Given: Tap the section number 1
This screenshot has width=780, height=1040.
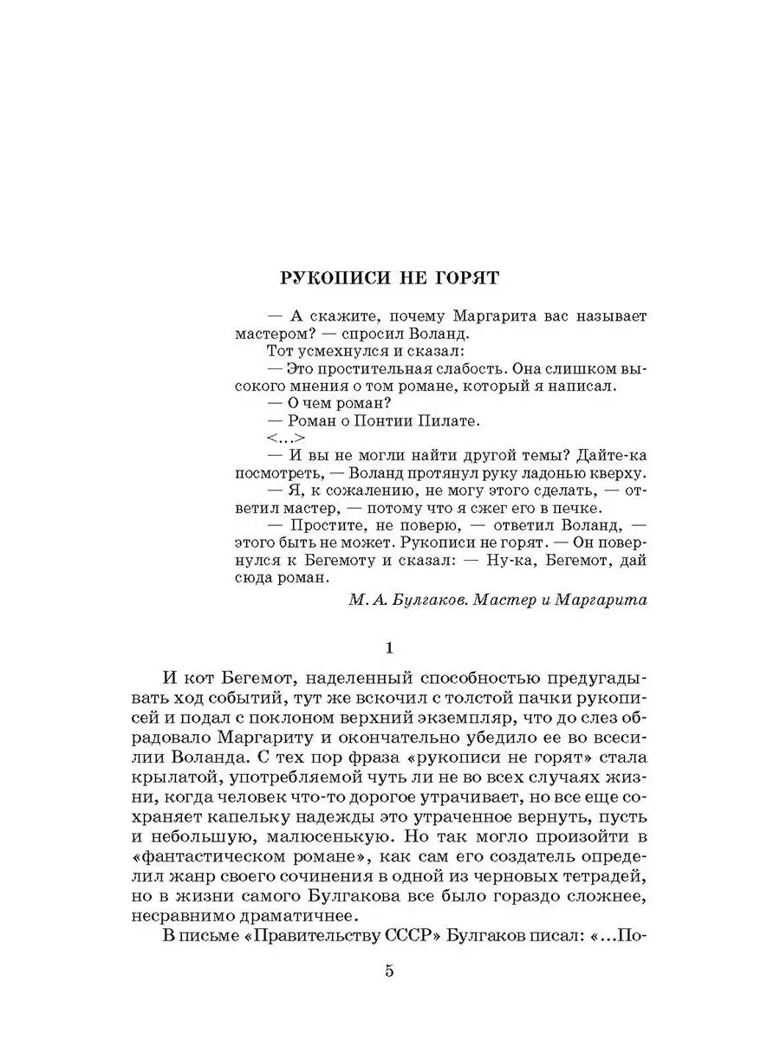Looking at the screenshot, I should click(x=390, y=648).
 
